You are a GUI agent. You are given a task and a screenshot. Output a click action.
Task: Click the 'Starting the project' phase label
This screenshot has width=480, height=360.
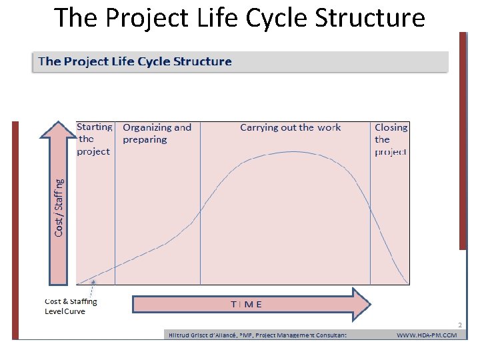94,139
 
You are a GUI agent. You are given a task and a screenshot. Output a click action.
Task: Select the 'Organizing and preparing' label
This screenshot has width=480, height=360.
157,133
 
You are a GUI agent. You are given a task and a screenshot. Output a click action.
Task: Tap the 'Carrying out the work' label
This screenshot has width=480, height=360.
290,127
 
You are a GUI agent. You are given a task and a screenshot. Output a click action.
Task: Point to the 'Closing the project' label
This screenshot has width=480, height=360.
391,139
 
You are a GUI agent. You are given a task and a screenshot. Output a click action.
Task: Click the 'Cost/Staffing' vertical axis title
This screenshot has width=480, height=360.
59,207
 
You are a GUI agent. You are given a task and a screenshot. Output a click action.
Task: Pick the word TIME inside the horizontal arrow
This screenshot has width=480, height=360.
246,304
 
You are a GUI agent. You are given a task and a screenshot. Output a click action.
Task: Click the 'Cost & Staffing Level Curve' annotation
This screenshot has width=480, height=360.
71,306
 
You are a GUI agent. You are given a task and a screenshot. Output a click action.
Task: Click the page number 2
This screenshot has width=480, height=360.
459,325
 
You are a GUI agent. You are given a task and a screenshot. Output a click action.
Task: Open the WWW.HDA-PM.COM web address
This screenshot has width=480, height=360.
427,335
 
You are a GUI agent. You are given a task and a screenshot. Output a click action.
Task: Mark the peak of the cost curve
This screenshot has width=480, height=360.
293,152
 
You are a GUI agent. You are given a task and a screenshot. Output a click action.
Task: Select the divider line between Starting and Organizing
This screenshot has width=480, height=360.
115,200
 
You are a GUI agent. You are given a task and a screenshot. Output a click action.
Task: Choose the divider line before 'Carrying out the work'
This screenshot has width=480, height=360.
201,200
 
